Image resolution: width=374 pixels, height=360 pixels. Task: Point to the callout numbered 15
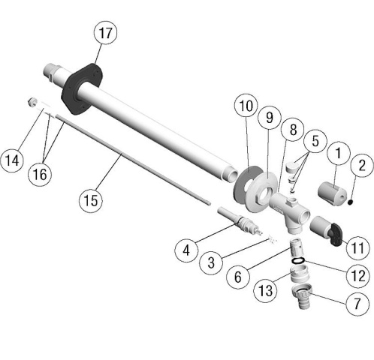(92, 200)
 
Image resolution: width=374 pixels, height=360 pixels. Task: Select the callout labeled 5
(313, 140)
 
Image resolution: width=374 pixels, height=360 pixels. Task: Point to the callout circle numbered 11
(357, 245)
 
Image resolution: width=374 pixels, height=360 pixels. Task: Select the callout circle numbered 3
(213, 262)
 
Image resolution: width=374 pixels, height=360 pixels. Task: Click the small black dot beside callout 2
(350, 199)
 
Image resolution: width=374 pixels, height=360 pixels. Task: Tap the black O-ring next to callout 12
(298, 260)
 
